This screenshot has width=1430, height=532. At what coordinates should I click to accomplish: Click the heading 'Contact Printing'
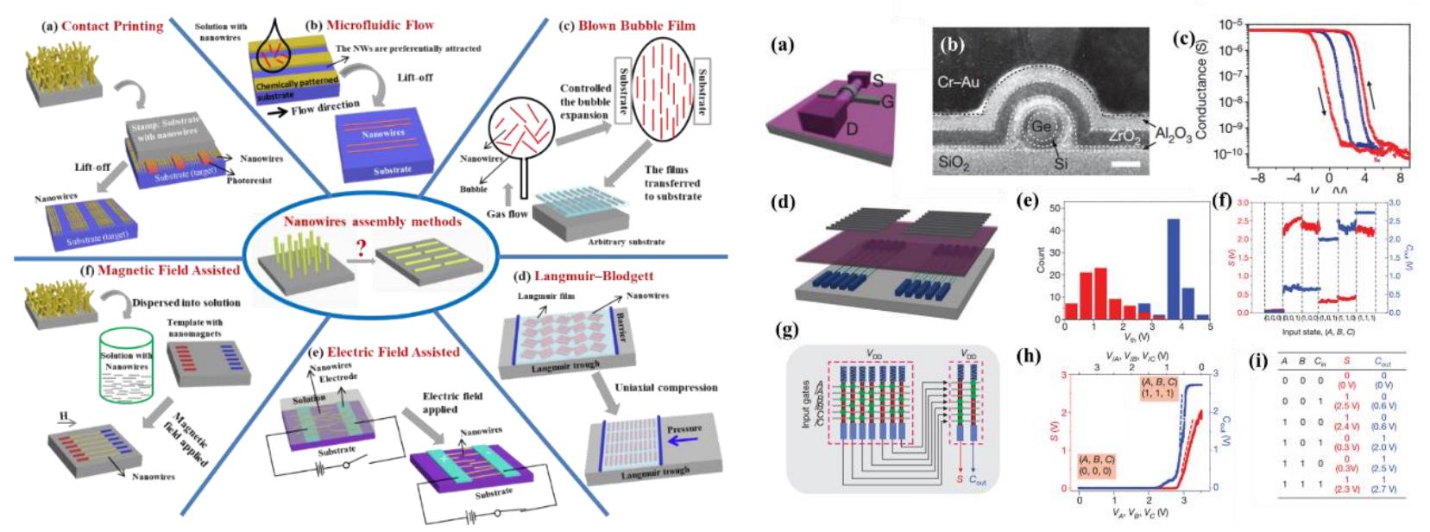coord(111,26)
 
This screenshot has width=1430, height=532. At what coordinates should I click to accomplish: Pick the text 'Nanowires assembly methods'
coord(372,221)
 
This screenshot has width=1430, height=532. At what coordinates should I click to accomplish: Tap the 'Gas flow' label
coord(507,213)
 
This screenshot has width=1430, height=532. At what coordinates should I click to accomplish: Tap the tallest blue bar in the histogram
coord(1173,269)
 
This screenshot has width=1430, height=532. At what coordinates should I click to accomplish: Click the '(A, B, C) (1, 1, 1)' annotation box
coord(1158,387)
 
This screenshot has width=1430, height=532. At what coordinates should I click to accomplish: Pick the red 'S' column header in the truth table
coord(1346,362)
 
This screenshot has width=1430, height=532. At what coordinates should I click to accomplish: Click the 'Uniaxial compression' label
coord(665,387)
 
